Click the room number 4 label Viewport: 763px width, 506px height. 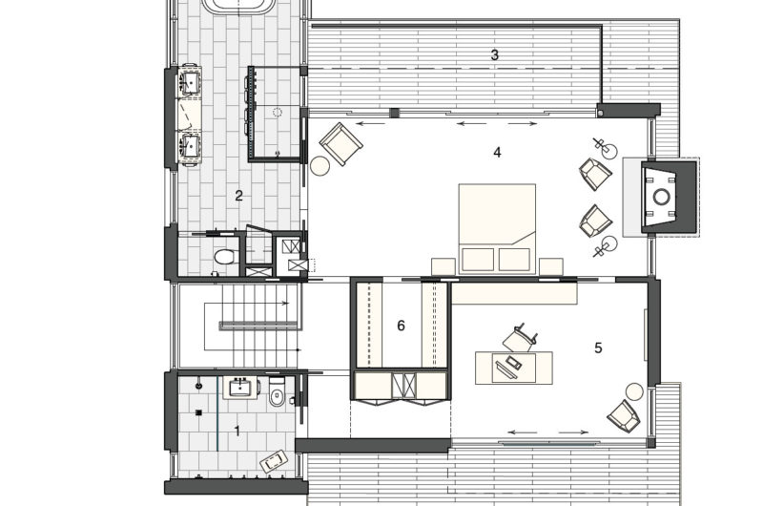497,152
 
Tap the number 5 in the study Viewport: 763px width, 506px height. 598,348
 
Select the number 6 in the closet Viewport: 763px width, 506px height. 402,326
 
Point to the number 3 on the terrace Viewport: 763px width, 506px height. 494,55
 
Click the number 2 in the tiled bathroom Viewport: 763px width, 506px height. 239,197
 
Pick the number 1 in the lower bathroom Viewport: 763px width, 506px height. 237,431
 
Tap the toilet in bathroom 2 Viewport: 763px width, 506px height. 224,256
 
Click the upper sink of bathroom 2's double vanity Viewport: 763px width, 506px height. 191,84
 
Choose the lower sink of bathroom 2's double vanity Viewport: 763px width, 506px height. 191,146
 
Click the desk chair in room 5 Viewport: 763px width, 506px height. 521,338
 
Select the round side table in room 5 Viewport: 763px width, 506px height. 634,390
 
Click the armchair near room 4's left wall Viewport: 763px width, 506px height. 340,144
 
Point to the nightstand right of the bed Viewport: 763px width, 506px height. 550,266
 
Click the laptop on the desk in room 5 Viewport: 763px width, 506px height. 513,363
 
